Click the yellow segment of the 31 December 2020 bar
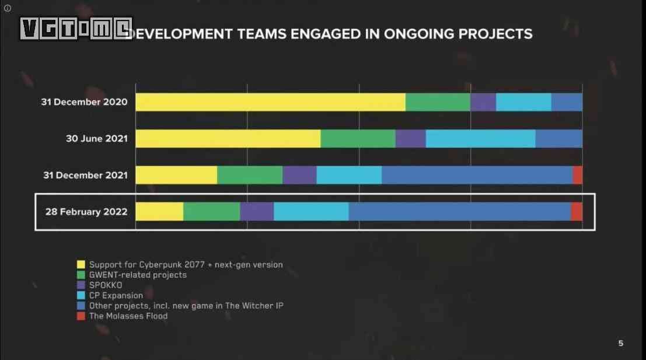[270, 102]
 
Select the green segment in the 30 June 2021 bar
[358, 139]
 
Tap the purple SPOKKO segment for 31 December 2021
[299, 175]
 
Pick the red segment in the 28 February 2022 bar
[577, 211]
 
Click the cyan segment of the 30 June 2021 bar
[480, 139]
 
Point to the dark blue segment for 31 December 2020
[567, 102]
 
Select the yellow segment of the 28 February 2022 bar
[159, 211]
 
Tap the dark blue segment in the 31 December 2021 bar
[477, 175]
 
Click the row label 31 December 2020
[84, 102]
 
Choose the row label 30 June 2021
[96, 139]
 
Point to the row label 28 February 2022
[86, 211]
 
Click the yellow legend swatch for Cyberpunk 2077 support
[81, 265]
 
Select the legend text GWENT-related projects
[138, 275]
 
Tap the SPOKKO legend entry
[106, 285]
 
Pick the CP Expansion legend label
[116, 295]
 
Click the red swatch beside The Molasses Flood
[81, 316]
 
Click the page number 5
[620, 343]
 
